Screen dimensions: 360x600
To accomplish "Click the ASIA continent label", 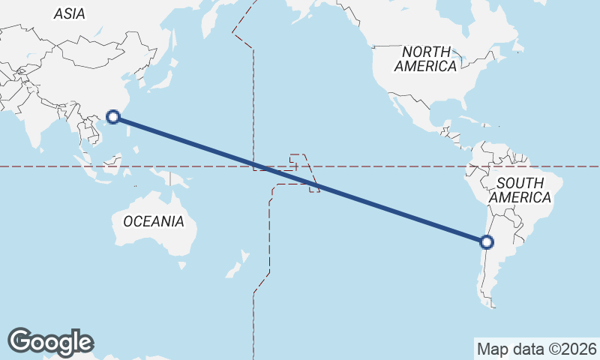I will (x=70, y=13).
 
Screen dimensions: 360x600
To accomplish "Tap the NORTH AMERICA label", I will (x=426, y=58).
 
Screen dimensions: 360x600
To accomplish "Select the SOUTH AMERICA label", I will (x=520, y=190).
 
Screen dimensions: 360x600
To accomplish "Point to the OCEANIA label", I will (x=153, y=221).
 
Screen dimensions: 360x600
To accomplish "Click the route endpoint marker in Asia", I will (x=113, y=116).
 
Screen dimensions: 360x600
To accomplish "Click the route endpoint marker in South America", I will (x=487, y=242).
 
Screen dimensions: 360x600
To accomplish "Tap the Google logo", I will (x=50, y=342).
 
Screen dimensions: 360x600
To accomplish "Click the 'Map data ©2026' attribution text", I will (x=537, y=349).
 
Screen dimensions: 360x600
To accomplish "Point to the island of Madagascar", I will (x=2, y=225).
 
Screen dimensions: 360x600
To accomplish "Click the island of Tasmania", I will (x=182, y=264).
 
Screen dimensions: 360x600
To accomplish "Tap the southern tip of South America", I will (x=491, y=303).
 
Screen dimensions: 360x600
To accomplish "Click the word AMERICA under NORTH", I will (x=426, y=66).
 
